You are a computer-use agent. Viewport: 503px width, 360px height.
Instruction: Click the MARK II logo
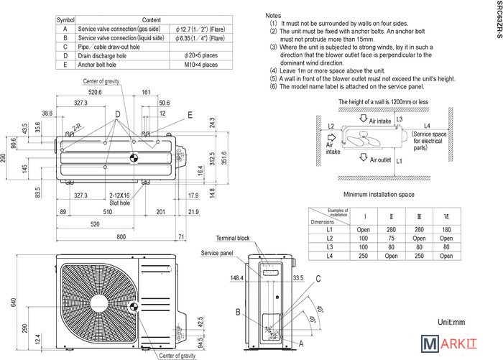click(x=457, y=346)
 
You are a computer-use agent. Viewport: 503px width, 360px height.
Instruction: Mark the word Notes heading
click(x=273, y=15)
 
